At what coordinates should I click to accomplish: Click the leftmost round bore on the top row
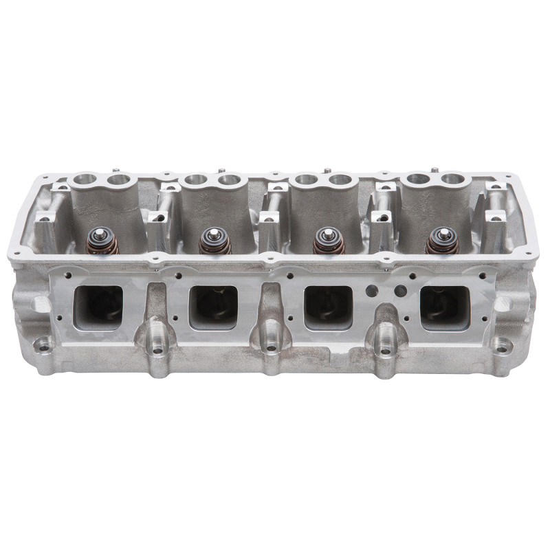coord(85,181)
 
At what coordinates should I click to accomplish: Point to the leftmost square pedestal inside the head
coord(45,221)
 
